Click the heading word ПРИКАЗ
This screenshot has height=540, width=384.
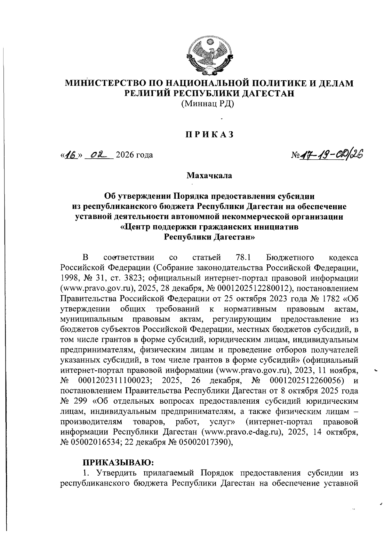pos(210,135)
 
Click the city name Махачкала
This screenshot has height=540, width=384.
pos(210,175)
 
